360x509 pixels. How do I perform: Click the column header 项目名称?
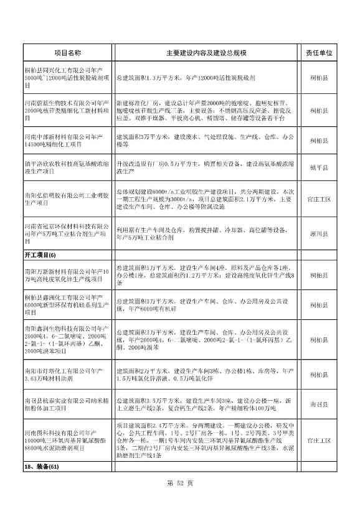point(67,54)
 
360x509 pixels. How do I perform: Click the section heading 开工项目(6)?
point(39,255)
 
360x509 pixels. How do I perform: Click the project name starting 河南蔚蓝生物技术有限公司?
point(67,110)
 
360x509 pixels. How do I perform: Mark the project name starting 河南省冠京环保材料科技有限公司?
point(67,234)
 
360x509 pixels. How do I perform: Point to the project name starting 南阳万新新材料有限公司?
point(67,275)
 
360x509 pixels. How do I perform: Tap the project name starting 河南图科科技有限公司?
point(67,441)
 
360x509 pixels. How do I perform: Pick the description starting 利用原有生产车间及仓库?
point(206,234)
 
